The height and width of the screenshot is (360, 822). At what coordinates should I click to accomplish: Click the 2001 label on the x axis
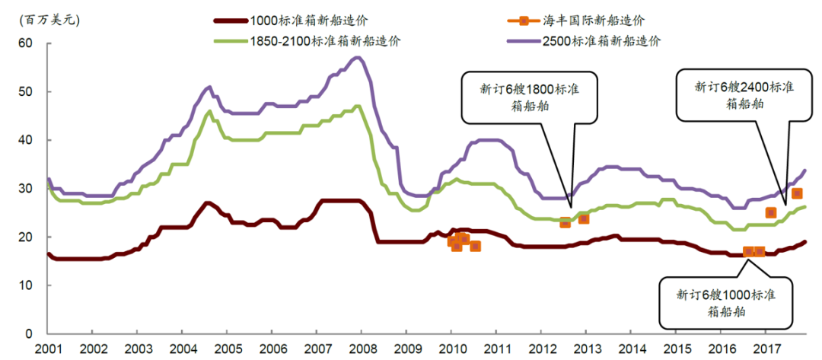click(x=47, y=349)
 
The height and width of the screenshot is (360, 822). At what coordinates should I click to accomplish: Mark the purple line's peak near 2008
click(x=357, y=57)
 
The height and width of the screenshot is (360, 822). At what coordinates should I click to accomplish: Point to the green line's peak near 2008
click(x=358, y=106)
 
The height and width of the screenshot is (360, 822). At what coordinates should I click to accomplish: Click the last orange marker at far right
click(x=796, y=193)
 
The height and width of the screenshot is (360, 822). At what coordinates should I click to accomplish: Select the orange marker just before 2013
click(x=584, y=218)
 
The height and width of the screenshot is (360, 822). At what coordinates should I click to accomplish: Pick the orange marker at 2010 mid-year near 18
click(x=475, y=246)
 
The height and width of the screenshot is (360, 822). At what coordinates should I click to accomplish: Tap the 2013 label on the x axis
click(x=585, y=349)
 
